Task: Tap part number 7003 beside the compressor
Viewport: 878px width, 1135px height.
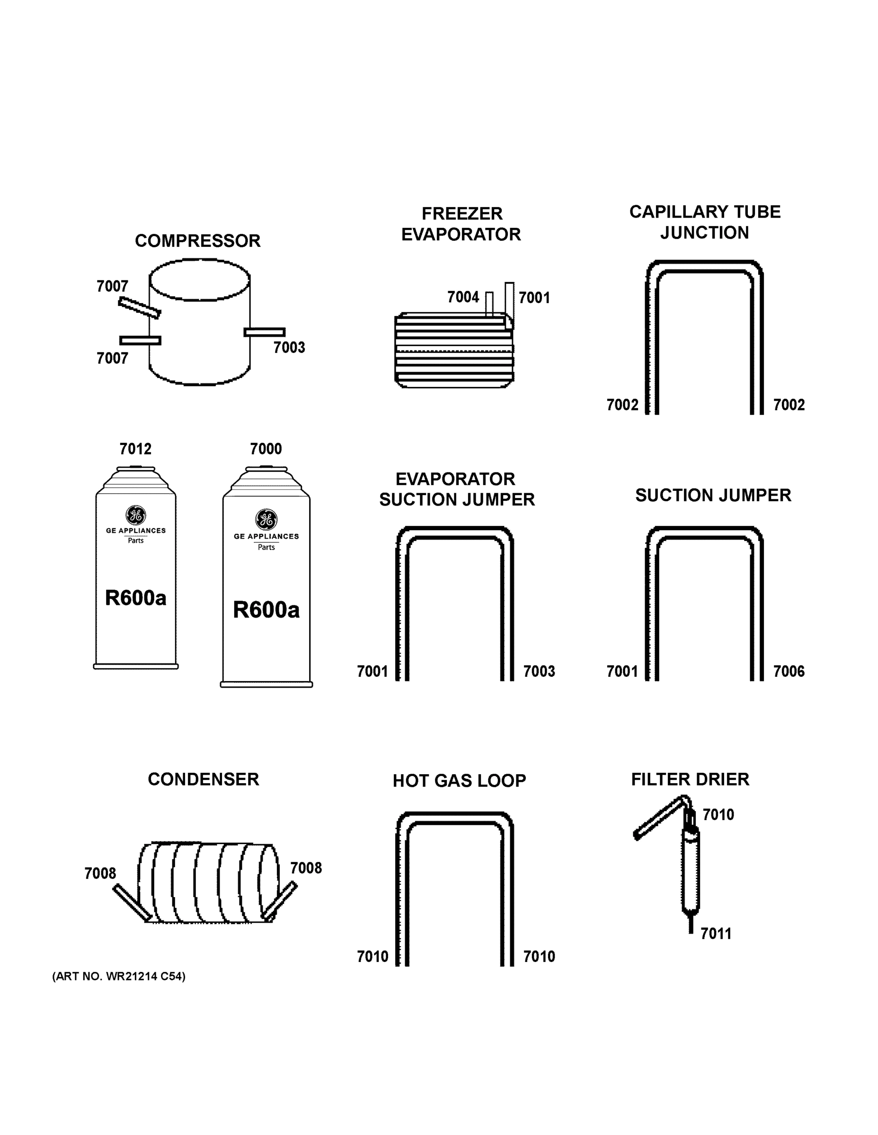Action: pyautogui.click(x=289, y=347)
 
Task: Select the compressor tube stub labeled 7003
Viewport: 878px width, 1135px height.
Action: pyautogui.click(x=264, y=332)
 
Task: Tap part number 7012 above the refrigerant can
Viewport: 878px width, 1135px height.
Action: pyautogui.click(x=135, y=448)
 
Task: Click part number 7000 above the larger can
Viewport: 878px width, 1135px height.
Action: pyautogui.click(x=266, y=448)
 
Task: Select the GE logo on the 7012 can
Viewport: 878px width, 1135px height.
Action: pyautogui.click(x=136, y=515)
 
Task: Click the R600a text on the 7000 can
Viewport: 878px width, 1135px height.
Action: pyautogui.click(x=266, y=610)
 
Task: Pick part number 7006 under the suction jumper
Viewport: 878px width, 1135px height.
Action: pyautogui.click(x=789, y=672)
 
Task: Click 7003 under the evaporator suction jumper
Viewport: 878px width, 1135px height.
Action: pyautogui.click(x=539, y=672)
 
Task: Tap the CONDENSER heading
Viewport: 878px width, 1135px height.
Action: pyautogui.click(x=203, y=779)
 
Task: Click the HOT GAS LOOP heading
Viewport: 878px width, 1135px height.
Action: pyautogui.click(x=459, y=781)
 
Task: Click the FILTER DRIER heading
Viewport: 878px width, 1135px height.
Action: pyautogui.click(x=690, y=779)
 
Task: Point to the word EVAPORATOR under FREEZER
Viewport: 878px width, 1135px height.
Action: pyautogui.click(x=461, y=235)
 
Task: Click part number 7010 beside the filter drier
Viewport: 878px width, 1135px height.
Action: pyautogui.click(x=718, y=814)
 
